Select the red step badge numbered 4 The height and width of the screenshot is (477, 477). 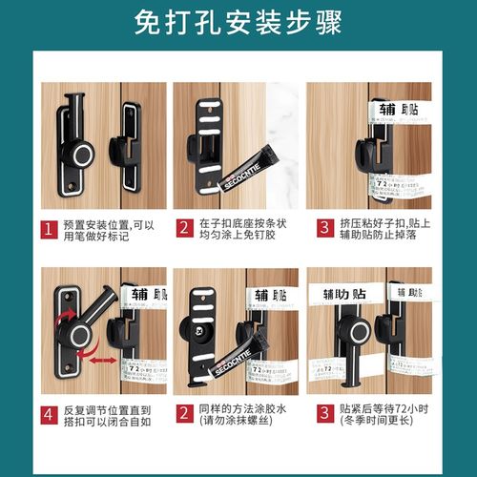(x=46, y=416)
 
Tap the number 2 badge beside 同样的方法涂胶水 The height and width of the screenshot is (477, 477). (x=184, y=416)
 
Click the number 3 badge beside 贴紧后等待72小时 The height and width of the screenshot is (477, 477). (x=323, y=416)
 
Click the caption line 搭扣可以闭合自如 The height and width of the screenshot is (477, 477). (x=107, y=424)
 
